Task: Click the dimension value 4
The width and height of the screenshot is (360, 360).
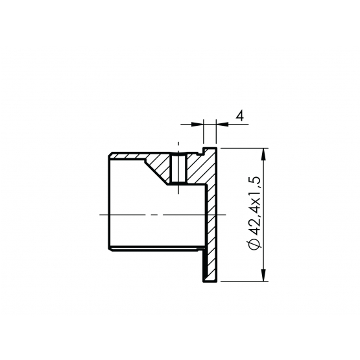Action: point(240,115)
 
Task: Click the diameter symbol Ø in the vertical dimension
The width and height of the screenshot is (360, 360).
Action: point(254,244)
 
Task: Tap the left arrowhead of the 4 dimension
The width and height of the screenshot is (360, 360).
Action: point(197,124)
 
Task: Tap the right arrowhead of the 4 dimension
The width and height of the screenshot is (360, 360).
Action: point(222,124)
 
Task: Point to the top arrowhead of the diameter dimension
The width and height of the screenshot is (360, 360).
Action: point(264,154)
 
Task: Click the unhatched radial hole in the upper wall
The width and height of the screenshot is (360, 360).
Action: point(178,169)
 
